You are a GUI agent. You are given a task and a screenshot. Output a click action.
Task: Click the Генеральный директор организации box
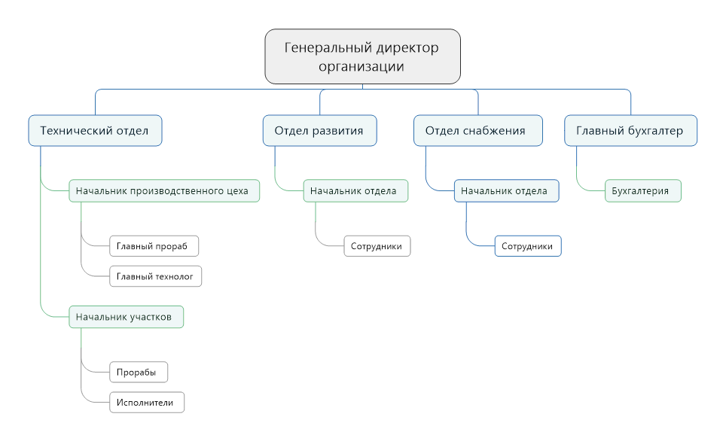(x=362, y=56)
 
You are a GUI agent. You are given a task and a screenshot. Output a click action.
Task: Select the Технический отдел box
(x=95, y=130)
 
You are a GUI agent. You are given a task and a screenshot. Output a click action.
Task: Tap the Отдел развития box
(x=319, y=130)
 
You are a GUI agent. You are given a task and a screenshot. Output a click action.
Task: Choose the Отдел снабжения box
(x=477, y=130)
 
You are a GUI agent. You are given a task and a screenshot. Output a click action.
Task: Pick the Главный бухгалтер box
(x=630, y=130)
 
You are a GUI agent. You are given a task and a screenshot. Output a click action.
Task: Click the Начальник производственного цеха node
(x=164, y=190)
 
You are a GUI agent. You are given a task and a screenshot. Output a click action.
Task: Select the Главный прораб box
(x=154, y=246)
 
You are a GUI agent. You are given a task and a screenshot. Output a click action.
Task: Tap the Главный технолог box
(x=156, y=276)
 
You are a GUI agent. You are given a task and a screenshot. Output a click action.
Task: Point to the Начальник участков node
(x=126, y=317)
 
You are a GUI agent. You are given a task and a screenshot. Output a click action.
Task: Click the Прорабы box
(x=139, y=372)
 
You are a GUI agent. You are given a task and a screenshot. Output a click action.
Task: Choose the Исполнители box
(x=147, y=403)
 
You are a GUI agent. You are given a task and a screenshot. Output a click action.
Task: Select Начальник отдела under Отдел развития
(x=355, y=190)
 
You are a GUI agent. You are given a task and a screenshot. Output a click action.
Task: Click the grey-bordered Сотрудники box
(x=377, y=246)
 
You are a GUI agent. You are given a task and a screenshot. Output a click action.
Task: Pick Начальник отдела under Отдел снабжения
(x=507, y=190)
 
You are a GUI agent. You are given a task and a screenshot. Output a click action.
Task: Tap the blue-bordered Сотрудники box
(x=528, y=246)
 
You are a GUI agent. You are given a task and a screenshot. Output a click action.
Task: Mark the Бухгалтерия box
(x=643, y=190)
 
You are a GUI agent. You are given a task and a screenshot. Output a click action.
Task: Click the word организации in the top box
(x=361, y=67)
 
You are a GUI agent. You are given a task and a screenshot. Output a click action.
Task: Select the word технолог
(x=174, y=277)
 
